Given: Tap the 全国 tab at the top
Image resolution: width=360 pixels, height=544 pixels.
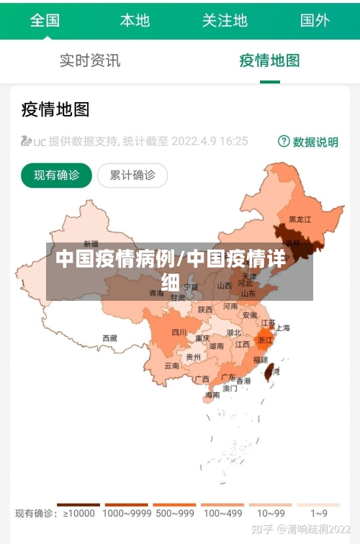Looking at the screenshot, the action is click(45, 20).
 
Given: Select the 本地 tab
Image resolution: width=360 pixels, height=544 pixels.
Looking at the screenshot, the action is click(135, 20).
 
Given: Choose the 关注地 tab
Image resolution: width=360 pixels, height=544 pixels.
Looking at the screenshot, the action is click(225, 20).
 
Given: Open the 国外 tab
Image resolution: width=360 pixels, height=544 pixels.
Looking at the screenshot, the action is click(315, 20).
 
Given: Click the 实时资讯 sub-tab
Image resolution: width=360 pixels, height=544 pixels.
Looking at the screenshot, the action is click(90, 60).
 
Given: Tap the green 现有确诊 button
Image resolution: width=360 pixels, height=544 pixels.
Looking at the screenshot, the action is click(57, 175).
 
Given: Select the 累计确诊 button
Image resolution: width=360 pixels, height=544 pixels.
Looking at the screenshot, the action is click(132, 175).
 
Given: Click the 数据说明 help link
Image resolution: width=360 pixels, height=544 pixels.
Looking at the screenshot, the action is click(308, 142).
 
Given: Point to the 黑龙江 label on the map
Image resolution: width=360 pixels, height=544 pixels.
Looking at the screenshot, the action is click(300, 219).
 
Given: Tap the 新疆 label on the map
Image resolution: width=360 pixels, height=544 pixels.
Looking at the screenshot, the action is click(91, 243).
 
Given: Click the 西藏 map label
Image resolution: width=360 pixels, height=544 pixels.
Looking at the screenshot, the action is click(109, 337).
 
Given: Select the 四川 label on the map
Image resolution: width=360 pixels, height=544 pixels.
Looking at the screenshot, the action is click(179, 332).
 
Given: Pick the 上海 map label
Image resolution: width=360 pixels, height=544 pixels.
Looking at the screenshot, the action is click(282, 327).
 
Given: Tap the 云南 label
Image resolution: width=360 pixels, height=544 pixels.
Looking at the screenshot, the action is click(171, 366).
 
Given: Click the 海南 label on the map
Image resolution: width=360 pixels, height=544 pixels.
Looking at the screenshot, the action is click(212, 394).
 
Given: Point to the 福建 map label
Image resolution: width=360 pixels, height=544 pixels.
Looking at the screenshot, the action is click(260, 358).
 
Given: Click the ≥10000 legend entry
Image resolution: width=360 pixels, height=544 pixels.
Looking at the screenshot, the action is click(78, 513).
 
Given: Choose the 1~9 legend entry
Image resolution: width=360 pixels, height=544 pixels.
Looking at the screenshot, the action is click(318, 513).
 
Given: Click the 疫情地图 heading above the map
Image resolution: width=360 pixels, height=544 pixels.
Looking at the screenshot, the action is click(55, 109).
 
